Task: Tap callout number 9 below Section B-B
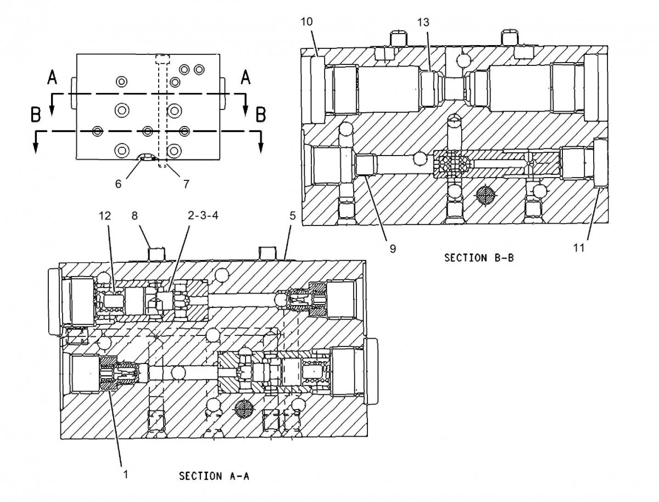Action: (x=393, y=248)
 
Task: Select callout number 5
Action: (x=293, y=217)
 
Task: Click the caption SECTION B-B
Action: (x=479, y=257)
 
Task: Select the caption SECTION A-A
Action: (x=214, y=476)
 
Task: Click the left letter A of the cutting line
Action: (x=52, y=79)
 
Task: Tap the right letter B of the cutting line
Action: (x=261, y=115)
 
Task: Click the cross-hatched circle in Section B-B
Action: (x=485, y=194)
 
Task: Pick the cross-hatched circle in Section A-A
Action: (x=243, y=409)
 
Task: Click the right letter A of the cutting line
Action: (x=245, y=79)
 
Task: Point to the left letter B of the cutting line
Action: (x=36, y=115)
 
